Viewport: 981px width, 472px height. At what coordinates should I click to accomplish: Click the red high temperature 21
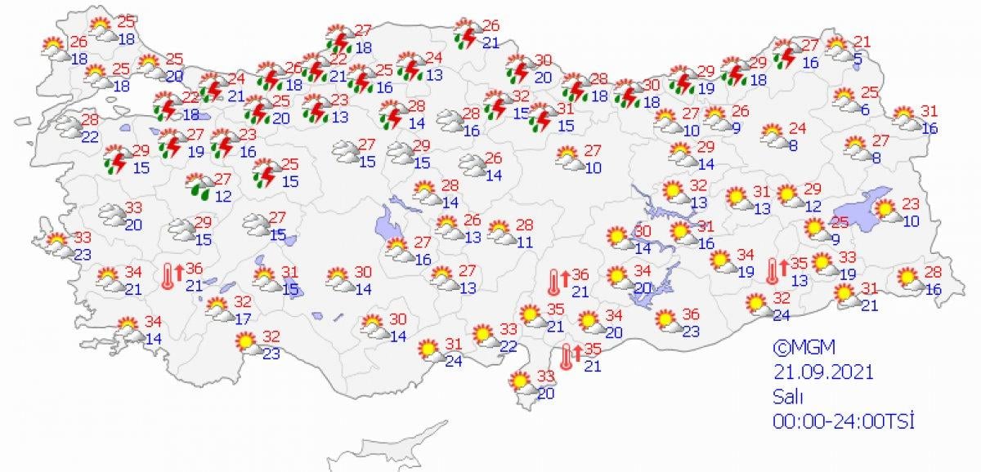[x=863, y=42]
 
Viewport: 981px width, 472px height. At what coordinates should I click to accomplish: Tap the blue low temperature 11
[x=525, y=241]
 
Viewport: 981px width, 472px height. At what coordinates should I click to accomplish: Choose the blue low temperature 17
[x=243, y=318]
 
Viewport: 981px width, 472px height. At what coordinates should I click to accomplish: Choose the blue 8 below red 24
[x=792, y=145]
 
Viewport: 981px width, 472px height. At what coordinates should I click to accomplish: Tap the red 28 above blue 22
[x=90, y=120]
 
